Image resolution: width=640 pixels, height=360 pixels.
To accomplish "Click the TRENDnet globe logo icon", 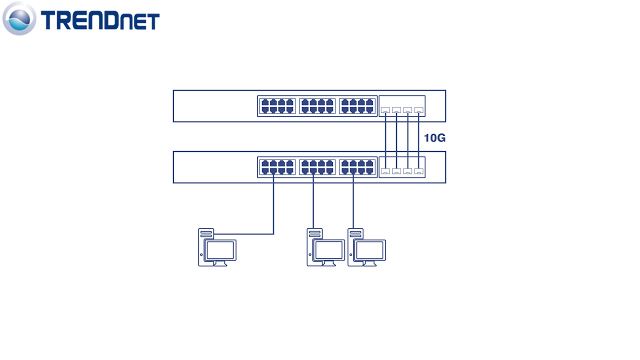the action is pyautogui.click(x=20, y=20).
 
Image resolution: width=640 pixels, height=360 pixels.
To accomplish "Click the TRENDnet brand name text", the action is pyautogui.click(x=98, y=21).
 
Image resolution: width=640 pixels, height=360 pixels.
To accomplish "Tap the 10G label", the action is pyautogui.click(x=434, y=138).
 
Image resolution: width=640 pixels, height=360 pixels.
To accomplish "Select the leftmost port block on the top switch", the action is pyautogui.click(x=275, y=105).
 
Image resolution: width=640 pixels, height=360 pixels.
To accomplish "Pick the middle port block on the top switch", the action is pyautogui.click(x=316, y=105).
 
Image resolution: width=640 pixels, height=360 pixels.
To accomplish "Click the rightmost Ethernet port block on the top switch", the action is pyautogui.click(x=357, y=105).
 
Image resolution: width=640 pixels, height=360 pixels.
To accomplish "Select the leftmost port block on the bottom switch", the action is pyautogui.click(x=275, y=167).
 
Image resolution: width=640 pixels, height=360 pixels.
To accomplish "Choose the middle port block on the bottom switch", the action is pyautogui.click(x=316, y=167).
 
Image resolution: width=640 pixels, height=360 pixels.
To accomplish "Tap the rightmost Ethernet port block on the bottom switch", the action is pyautogui.click(x=357, y=167).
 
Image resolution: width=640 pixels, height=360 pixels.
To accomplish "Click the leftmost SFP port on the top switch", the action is pyautogui.click(x=385, y=108).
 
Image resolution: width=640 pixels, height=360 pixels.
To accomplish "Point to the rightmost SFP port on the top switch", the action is pyautogui.click(x=420, y=108).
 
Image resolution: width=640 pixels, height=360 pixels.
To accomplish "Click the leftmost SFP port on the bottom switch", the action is pyautogui.click(x=385, y=171).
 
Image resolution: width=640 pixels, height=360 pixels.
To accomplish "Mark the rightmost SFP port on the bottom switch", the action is pyautogui.click(x=420, y=171).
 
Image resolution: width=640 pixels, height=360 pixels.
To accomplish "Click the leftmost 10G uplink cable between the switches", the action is pyautogui.click(x=385, y=138).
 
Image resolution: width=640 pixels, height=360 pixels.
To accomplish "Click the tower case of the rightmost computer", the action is pyautogui.click(x=354, y=247).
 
